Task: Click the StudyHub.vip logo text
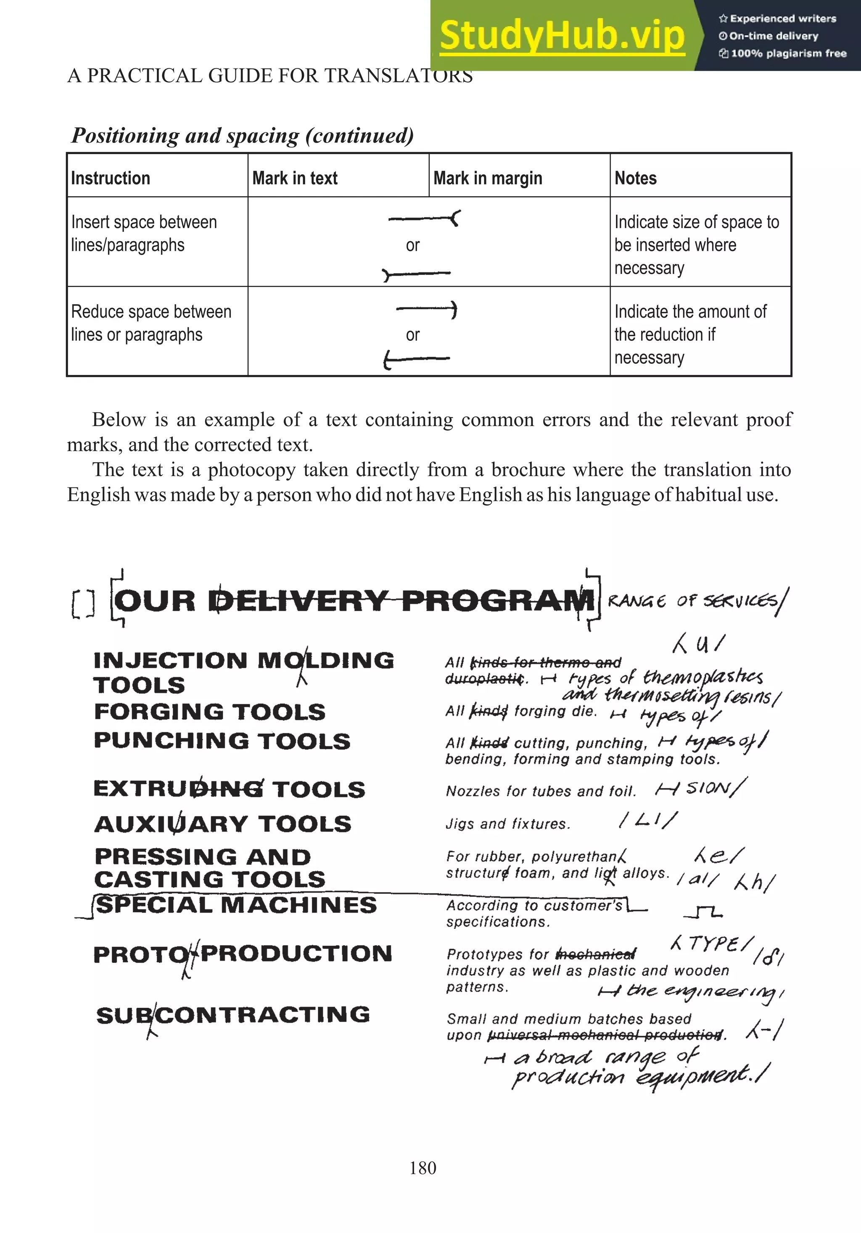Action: pyautogui.click(x=562, y=35)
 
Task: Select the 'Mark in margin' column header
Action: pyautogui.click(x=487, y=178)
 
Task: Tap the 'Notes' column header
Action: pyautogui.click(x=635, y=178)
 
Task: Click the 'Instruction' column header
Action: pyautogui.click(x=111, y=178)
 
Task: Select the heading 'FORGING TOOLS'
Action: pyautogui.click(x=209, y=712)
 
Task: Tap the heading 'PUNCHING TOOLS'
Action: pyautogui.click(x=222, y=741)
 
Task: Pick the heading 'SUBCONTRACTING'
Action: pyautogui.click(x=233, y=1015)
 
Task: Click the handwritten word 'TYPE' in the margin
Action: pyautogui.click(x=713, y=943)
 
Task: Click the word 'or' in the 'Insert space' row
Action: pyautogui.click(x=412, y=245)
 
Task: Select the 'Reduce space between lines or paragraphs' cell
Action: pyautogui.click(x=151, y=323)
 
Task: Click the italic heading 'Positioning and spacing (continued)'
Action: pyautogui.click(x=243, y=136)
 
